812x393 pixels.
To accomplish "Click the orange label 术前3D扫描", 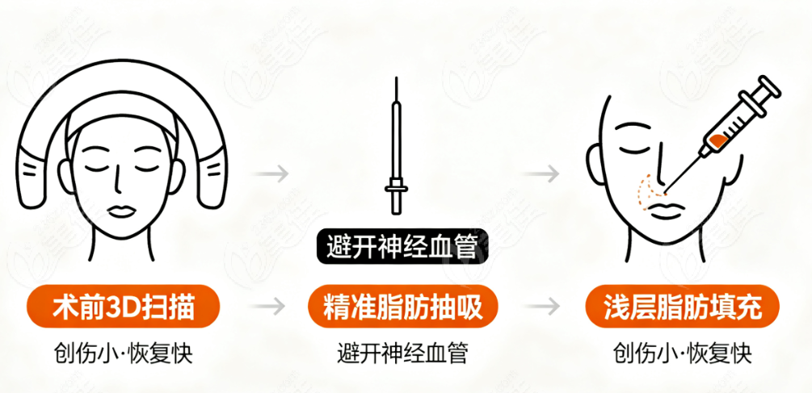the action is (124, 307).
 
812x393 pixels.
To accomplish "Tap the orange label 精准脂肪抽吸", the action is (402, 307).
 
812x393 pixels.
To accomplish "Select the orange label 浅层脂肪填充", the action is (683, 307).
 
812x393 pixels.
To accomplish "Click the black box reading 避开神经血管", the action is (402, 247).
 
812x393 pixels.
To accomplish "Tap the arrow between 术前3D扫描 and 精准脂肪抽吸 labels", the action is (267, 306).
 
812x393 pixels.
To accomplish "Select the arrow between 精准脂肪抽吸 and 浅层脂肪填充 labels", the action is (542, 306).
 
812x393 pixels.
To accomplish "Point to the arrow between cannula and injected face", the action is (541, 174).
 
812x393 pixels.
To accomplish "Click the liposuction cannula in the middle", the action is (396, 144).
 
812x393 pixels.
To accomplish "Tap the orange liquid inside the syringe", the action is (719, 140).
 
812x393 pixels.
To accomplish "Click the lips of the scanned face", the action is (123, 211).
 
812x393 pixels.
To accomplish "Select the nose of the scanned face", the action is (118, 178).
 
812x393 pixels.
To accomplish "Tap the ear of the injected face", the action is (595, 164).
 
